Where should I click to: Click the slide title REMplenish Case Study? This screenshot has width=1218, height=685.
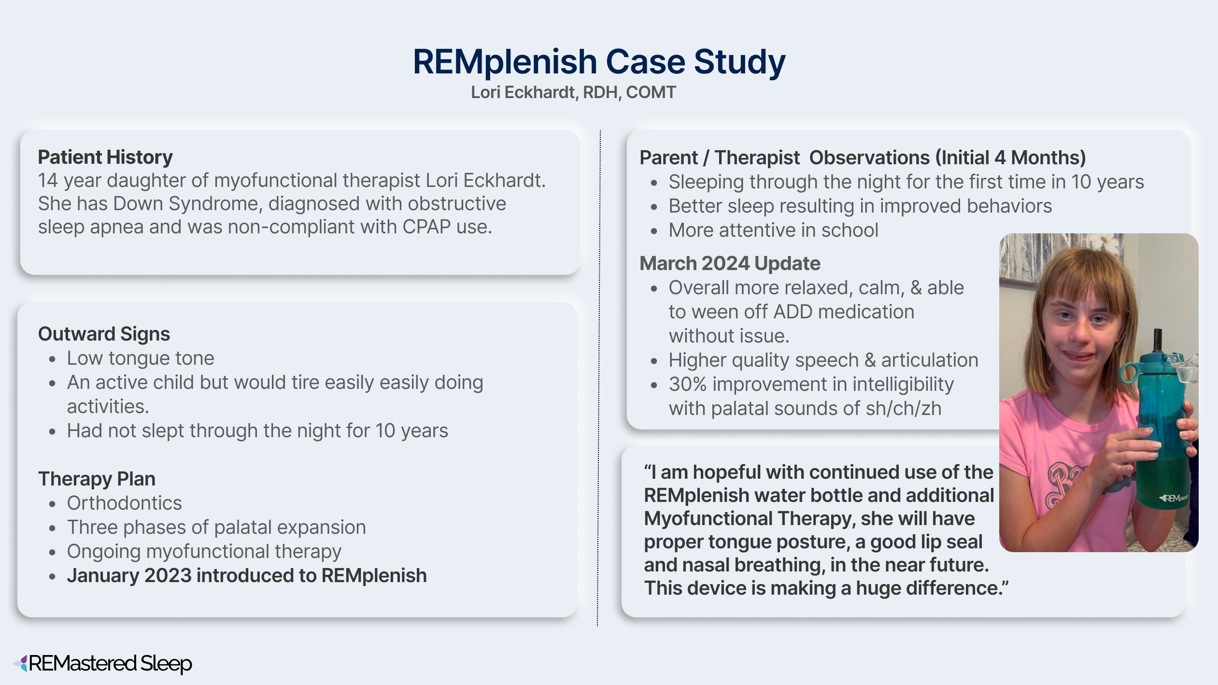[599, 62]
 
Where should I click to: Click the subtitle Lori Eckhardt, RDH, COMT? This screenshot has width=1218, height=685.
[573, 92]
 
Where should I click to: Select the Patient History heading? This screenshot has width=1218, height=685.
[105, 157]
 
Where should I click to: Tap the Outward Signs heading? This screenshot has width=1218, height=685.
[104, 334]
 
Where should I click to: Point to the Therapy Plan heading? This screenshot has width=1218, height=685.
[97, 479]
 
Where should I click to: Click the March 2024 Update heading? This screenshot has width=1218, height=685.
[730, 263]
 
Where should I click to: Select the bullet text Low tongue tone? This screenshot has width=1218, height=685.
[141, 358]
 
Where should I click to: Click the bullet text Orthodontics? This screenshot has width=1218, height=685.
[125, 503]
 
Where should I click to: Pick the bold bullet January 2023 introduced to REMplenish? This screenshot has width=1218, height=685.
[247, 575]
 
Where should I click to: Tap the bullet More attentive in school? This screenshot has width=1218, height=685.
[773, 230]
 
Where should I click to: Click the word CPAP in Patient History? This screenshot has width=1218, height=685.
[427, 227]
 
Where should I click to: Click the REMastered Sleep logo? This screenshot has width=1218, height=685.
[102, 663]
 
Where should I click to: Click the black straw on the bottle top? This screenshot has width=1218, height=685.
[1157, 341]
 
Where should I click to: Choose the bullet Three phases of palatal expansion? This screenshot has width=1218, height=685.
[216, 527]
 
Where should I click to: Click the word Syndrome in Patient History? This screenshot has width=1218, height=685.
[215, 204]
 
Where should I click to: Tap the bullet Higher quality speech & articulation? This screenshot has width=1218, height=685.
[823, 360]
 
